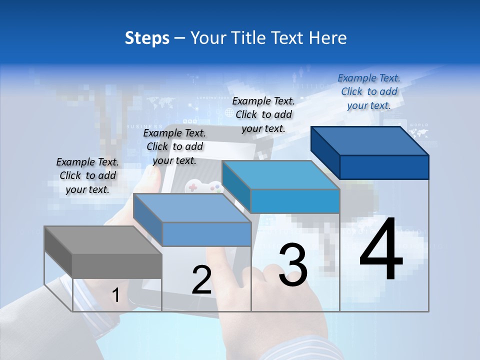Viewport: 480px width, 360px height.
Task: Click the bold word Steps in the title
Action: tap(147, 38)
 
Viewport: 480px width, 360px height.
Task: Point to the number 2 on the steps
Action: tap(201, 280)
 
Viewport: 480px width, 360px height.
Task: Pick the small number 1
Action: tap(116, 295)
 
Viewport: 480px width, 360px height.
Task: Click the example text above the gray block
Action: tap(87, 175)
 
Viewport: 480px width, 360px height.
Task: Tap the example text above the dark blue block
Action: tap(369, 91)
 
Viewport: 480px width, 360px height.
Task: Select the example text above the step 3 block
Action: tap(263, 114)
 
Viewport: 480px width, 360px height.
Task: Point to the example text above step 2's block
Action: tap(174, 146)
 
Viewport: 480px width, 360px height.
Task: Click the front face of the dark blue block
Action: tap(384, 167)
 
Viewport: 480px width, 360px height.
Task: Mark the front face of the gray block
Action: tap(117, 266)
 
